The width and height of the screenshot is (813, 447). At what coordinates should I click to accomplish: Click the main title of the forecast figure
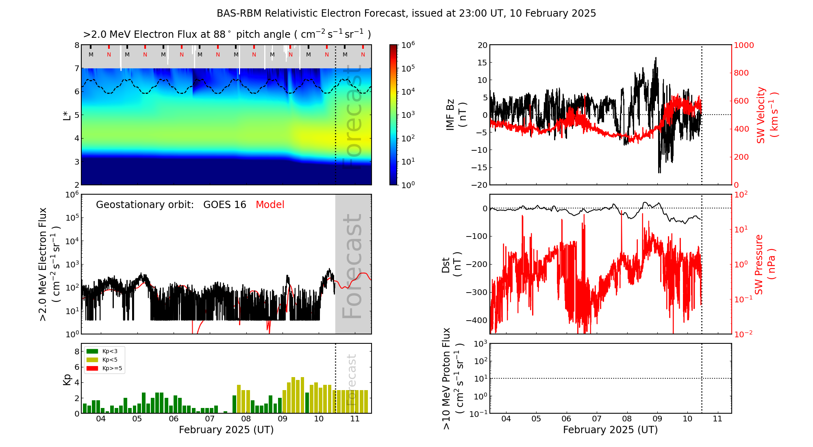pyautogui.click(x=406, y=13)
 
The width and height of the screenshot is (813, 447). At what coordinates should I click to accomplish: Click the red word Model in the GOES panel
pyautogui.click(x=270, y=205)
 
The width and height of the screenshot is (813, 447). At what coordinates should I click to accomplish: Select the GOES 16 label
pyautogui.click(x=225, y=205)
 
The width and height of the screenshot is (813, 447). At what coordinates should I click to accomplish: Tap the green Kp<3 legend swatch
pyautogui.click(x=92, y=351)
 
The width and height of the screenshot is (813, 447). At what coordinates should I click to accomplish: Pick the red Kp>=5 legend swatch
pyautogui.click(x=92, y=369)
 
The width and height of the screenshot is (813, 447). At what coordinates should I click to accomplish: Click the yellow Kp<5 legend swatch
pyautogui.click(x=92, y=360)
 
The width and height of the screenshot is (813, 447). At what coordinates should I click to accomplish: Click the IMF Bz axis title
pyautogui.click(x=456, y=115)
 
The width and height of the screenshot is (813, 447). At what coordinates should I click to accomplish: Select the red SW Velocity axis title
pyautogui.click(x=767, y=115)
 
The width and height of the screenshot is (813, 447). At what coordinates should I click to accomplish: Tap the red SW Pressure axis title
pyautogui.click(x=765, y=264)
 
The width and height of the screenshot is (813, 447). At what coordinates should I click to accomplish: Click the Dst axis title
pyautogui.click(x=451, y=265)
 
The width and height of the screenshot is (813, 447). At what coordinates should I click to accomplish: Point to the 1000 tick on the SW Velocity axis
pyautogui.click(x=743, y=45)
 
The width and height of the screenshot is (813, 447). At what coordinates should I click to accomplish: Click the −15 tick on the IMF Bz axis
pyautogui.click(x=479, y=167)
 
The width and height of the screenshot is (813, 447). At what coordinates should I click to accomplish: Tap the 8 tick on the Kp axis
pyautogui.click(x=77, y=352)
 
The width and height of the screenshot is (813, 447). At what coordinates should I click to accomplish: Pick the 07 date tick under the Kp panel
pyautogui.click(x=210, y=419)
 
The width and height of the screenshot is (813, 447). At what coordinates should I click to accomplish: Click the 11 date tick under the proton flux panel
pyautogui.click(x=717, y=419)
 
